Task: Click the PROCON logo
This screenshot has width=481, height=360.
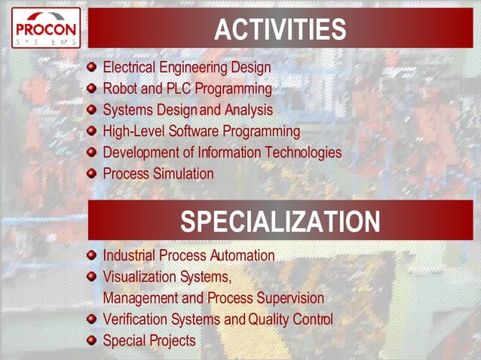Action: pos(45,28)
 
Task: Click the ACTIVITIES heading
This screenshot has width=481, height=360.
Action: pos(280,30)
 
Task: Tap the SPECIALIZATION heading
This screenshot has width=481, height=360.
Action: pos(280,221)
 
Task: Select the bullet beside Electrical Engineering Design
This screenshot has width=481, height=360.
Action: pos(92,68)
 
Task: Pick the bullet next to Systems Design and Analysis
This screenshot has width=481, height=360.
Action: pos(92,110)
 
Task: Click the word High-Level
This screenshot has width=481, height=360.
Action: pos(134,131)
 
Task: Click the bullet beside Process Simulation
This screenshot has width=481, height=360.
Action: pos(92,173)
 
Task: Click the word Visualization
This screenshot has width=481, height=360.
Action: pos(139,276)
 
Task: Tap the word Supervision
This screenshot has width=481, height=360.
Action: pos(290,297)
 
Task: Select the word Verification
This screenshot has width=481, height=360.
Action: pos(135,319)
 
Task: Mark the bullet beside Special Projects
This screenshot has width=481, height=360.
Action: pos(92,340)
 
